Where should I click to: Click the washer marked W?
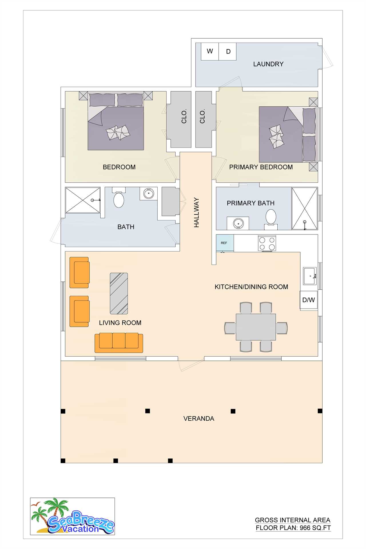coord(210,51)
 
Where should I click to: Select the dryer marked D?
coord(228,51)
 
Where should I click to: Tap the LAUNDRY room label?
coord(268,64)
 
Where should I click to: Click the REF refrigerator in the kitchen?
coord(225,243)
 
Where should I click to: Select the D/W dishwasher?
coord(309,300)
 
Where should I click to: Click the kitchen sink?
coord(310,276)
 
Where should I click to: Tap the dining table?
coord(256,327)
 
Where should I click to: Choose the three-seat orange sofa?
coord(119,343)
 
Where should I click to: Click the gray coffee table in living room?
coord(119,293)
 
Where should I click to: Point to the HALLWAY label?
coord(196,212)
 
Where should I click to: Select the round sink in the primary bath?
coord(238,223)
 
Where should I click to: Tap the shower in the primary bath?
coord(305,208)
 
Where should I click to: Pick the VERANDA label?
coord(199,419)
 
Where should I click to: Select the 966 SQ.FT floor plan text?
coord(293,528)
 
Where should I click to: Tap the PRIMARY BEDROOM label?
coord(261,167)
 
